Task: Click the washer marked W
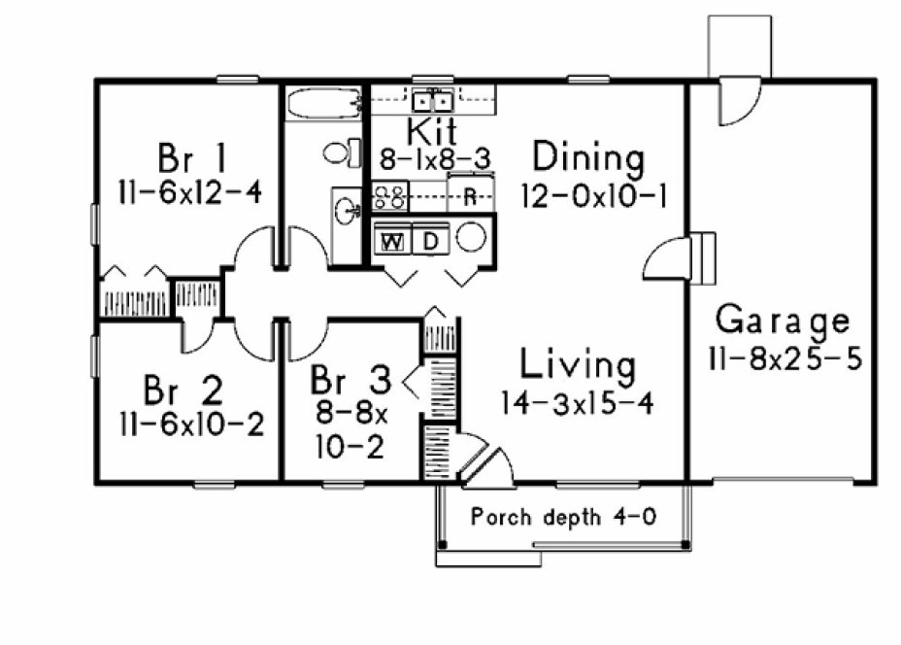point(393,241)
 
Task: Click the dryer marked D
point(431,241)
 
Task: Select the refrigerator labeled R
point(469,195)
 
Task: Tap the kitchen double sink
point(431,99)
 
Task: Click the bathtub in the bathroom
point(323,102)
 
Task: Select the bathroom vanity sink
point(347,207)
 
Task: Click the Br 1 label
point(191,155)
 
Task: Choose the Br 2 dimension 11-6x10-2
point(190,424)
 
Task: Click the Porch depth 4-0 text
point(562,517)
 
